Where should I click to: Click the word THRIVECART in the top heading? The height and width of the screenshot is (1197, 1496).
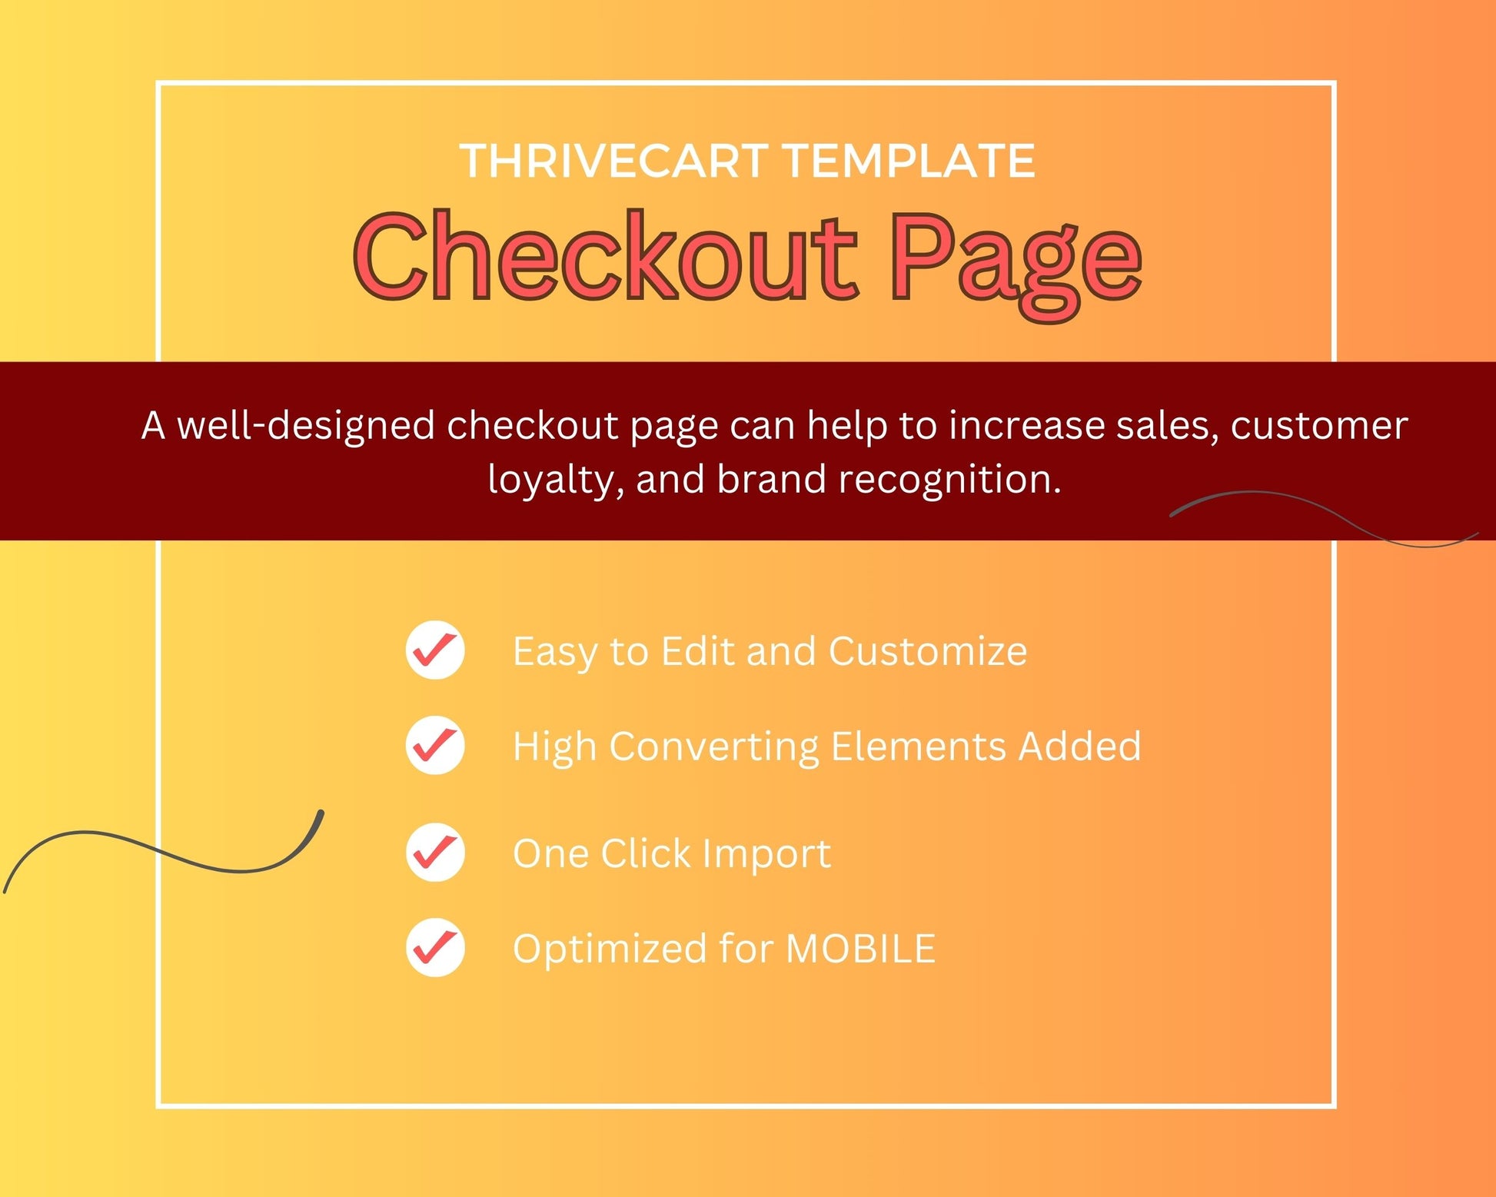pyautogui.click(x=614, y=161)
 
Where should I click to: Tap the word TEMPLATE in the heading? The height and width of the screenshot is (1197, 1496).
pyautogui.click(x=909, y=161)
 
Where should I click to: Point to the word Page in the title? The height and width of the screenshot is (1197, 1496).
pyautogui.click(x=1016, y=264)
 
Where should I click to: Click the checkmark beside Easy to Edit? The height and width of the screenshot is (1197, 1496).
pyautogui.click(x=435, y=650)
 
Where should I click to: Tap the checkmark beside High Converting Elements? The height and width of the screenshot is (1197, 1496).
pyautogui.click(x=435, y=745)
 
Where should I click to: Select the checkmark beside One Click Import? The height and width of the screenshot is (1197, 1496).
pyautogui.click(x=435, y=852)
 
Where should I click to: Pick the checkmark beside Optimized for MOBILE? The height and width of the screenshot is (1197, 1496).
pyautogui.click(x=435, y=947)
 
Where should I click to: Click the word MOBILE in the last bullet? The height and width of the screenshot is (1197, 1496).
pyautogui.click(x=861, y=948)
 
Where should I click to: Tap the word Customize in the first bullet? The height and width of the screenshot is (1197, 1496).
pyautogui.click(x=928, y=651)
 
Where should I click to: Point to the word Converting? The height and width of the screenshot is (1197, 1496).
pyautogui.click(x=714, y=747)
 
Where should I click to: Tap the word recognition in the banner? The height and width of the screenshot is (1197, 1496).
pyautogui.click(x=949, y=480)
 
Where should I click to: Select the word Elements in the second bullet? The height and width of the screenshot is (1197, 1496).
pyautogui.click(x=919, y=746)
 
